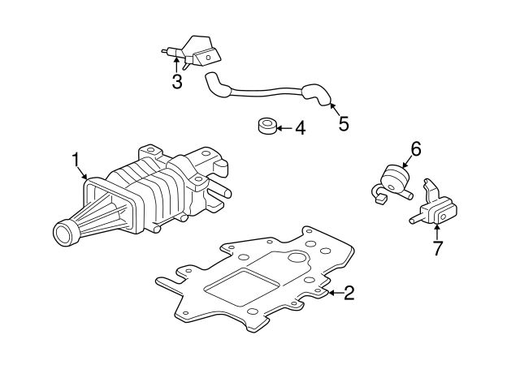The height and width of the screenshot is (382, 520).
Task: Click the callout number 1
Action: pyautogui.click(x=76, y=158)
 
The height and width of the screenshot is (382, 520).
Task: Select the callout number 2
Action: pyautogui.click(x=349, y=293)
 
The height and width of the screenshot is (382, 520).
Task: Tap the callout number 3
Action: pyautogui.click(x=176, y=81)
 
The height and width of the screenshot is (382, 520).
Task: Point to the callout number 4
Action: pyautogui.click(x=299, y=128)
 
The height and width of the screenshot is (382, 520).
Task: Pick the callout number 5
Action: pyautogui.click(x=343, y=123)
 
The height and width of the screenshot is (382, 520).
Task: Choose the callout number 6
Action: pyautogui.click(x=415, y=148)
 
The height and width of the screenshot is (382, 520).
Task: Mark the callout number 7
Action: pyautogui.click(x=437, y=248)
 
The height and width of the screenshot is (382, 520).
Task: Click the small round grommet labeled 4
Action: pyautogui.click(x=265, y=127)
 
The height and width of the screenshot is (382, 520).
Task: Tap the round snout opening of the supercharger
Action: pyautogui.click(x=63, y=234)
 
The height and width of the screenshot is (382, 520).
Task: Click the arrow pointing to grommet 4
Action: pyautogui.click(x=282, y=128)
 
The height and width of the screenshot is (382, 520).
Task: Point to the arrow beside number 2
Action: pyautogui.click(x=331, y=293)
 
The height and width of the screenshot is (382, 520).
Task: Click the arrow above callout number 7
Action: pyautogui.click(x=437, y=232)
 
